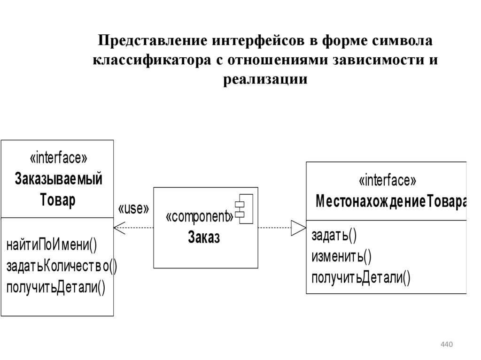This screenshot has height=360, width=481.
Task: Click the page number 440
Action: [x=446, y=345]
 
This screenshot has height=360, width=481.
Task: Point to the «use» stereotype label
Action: [x=133, y=208]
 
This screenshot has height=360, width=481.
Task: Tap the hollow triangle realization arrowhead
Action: [x=298, y=228]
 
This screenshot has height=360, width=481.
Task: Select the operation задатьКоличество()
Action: [x=62, y=266]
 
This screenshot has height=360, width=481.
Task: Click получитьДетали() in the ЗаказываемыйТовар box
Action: [x=56, y=286]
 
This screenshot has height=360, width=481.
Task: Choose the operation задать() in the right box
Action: [x=334, y=235]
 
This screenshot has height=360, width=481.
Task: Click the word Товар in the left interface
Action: [x=58, y=200]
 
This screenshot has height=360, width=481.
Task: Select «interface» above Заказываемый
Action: [x=58, y=159]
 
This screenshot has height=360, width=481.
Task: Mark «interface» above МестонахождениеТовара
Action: [x=387, y=181]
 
